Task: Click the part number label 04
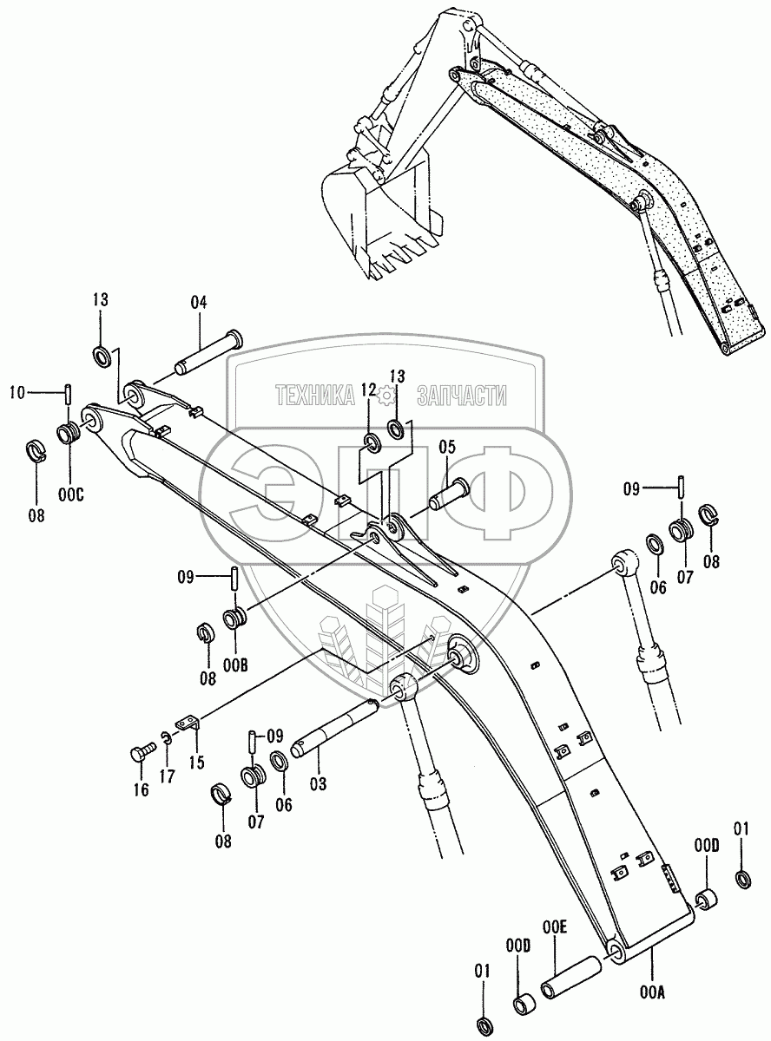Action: coord(199,303)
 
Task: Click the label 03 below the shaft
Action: coord(318,783)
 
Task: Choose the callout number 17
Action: coord(167,776)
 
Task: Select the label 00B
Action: coord(234,664)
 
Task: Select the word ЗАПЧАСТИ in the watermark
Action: coord(462,396)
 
